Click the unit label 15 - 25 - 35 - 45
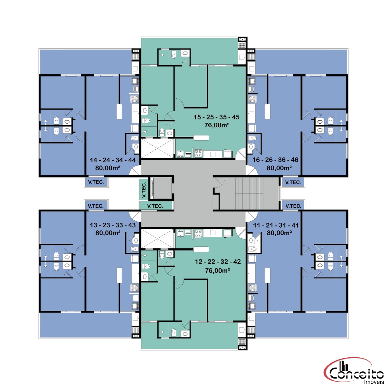point(216,117)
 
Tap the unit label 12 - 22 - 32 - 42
point(218,262)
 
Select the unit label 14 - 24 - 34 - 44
point(113,160)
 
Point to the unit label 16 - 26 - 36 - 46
point(275,160)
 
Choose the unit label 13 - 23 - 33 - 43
point(113,225)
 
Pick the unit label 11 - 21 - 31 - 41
point(276,225)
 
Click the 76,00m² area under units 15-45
point(217,125)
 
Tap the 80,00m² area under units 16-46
point(279,168)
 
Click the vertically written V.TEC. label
point(144,190)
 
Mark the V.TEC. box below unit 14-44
point(96,182)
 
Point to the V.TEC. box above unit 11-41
point(293,206)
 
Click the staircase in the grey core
point(249,193)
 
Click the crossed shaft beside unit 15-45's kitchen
point(157,148)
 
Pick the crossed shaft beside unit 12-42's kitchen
point(157,238)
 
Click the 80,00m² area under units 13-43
point(108,233)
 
